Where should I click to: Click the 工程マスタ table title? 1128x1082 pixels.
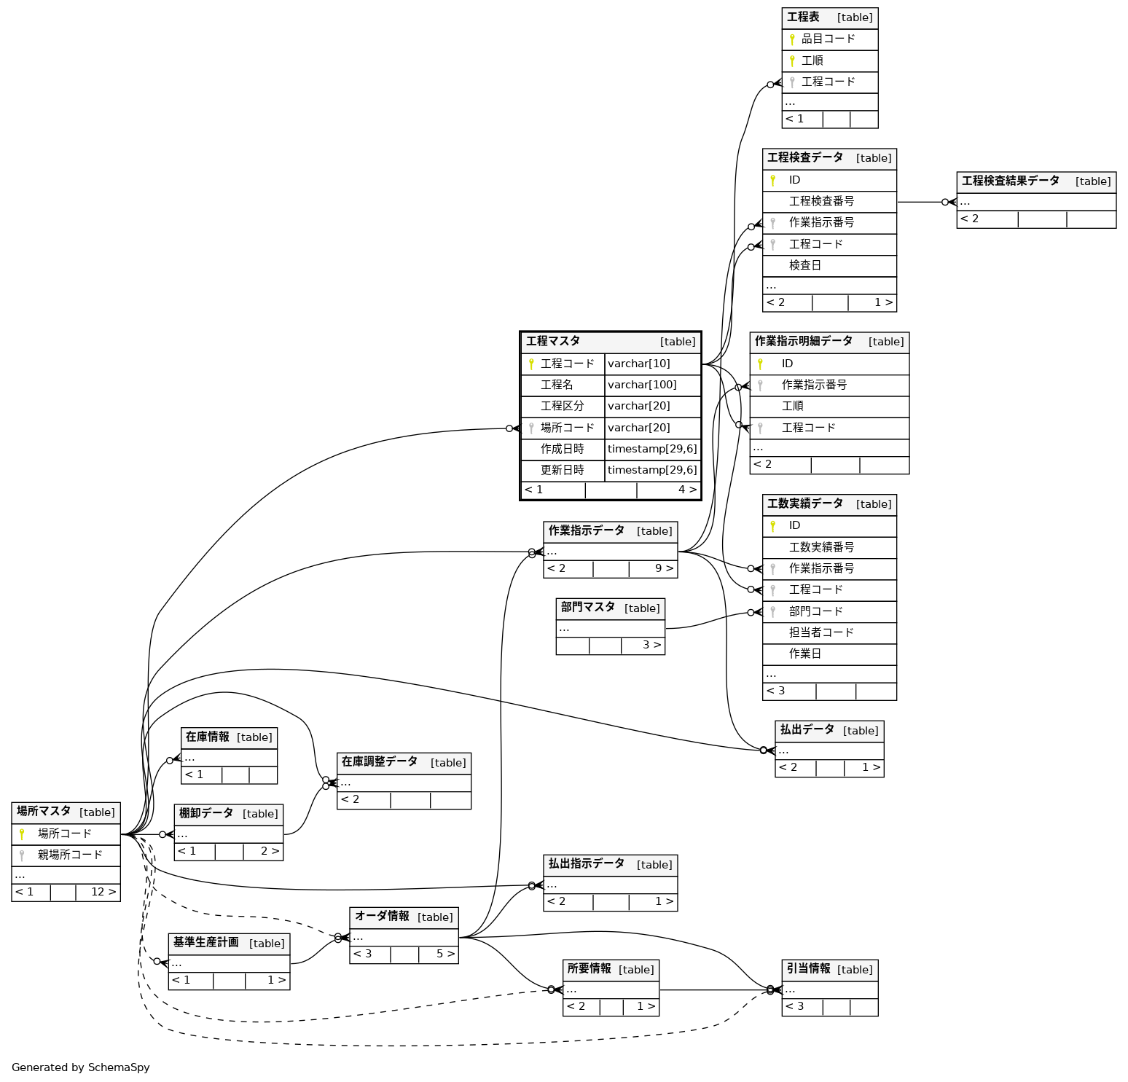[553, 341]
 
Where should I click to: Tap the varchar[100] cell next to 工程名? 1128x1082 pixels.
[642, 385]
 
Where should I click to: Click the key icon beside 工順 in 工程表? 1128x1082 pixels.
[792, 60]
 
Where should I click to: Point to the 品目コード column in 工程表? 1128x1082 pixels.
[828, 39]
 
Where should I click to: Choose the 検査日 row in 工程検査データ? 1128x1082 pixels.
[805, 265]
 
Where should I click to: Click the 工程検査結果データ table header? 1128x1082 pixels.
[1010, 181]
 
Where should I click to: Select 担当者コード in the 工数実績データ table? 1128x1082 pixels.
[821, 632]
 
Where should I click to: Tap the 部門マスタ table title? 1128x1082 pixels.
[587, 608]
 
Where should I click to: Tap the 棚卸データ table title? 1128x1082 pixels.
[206, 813]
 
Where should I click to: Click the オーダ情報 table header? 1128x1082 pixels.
[382, 917]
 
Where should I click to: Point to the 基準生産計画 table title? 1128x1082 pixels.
[205, 943]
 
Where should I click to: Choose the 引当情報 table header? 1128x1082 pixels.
[808, 969]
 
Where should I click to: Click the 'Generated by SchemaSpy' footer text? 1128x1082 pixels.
[81, 1067]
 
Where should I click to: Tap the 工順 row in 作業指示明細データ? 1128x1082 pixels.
[793, 406]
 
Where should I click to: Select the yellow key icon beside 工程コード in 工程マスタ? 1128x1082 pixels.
[531, 364]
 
